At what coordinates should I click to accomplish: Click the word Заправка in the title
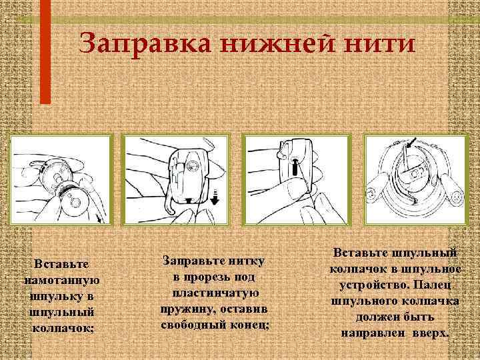(x=145, y=43)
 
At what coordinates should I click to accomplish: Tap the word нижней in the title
(x=277, y=43)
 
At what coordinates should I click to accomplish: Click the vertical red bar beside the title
(x=45, y=52)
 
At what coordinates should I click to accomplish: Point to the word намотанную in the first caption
(x=61, y=281)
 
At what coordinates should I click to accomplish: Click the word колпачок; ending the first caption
(x=63, y=329)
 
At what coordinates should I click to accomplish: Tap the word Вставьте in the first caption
(x=61, y=264)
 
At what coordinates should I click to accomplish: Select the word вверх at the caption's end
(x=431, y=333)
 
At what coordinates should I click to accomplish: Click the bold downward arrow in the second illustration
(x=215, y=198)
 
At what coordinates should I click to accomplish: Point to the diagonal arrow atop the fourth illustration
(x=411, y=142)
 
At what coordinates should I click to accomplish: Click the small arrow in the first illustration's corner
(x=99, y=218)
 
